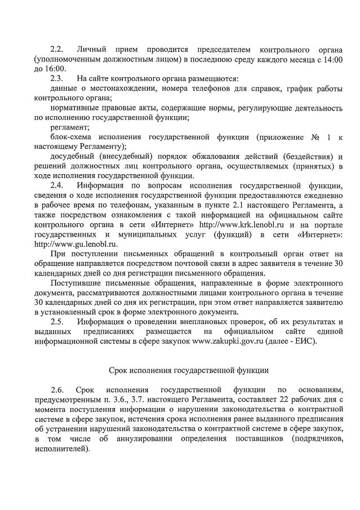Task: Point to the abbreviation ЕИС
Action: [x=304, y=341]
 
